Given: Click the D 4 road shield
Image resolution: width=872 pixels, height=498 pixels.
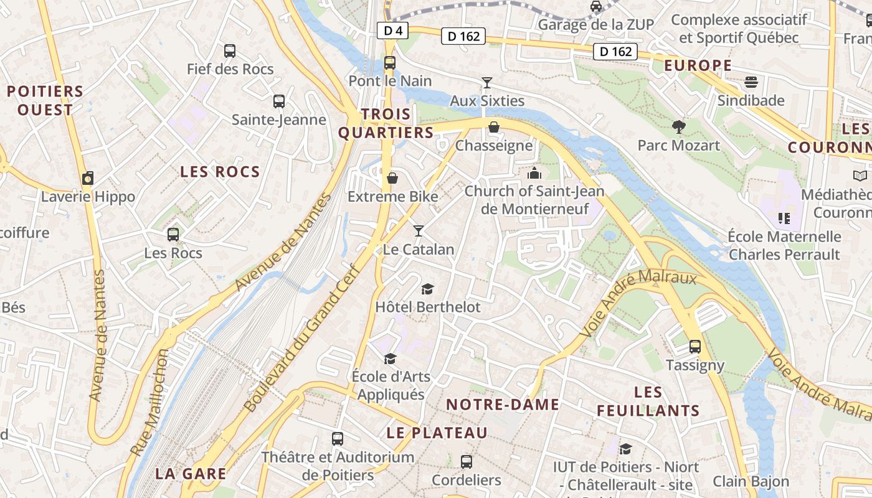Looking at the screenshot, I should pyautogui.click(x=389, y=31).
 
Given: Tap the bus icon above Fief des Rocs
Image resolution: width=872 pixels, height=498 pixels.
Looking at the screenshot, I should pyautogui.click(x=230, y=51).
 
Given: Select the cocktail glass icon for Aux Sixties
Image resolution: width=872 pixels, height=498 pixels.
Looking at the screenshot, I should pyautogui.click(x=487, y=83).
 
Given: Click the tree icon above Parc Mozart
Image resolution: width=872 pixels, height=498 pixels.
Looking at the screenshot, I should pyautogui.click(x=679, y=128).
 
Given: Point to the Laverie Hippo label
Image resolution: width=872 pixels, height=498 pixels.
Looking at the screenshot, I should pyautogui.click(x=88, y=197).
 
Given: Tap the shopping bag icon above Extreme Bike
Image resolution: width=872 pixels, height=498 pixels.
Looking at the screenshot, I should pyautogui.click(x=392, y=179).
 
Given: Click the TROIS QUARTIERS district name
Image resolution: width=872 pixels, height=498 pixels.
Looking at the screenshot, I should pyautogui.click(x=385, y=123).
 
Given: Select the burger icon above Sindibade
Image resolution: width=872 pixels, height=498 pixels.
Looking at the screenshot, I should pyautogui.click(x=751, y=82).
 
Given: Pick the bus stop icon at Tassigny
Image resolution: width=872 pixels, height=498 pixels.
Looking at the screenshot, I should pyautogui.click(x=695, y=347).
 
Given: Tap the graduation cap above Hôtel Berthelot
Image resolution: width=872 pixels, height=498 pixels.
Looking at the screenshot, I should pyautogui.click(x=427, y=289).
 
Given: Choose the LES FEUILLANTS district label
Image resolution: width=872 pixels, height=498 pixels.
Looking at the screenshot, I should pyautogui.click(x=648, y=402).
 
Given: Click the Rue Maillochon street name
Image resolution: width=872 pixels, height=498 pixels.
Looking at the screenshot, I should pyautogui.click(x=150, y=402).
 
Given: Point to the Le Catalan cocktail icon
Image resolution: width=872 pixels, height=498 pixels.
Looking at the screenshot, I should pyautogui.click(x=419, y=231).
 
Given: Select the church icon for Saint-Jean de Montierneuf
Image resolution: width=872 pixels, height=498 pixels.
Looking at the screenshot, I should pyautogui.click(x=534, y=172).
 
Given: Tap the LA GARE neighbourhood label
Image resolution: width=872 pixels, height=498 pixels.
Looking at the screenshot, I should pyautogui.click(x=191, y=474).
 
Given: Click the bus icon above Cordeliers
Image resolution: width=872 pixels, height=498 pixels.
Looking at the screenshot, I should pyautogui.click(x=467, y=462).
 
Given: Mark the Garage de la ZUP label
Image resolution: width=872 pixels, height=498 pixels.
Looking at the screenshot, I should pyautogui.click(x=595, y=24).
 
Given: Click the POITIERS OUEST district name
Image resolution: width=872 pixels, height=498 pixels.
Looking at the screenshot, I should pyautogui.click(x=45, y=101).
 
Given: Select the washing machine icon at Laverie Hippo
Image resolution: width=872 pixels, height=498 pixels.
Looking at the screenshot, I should pyautogui.click(x=88, y=179).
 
